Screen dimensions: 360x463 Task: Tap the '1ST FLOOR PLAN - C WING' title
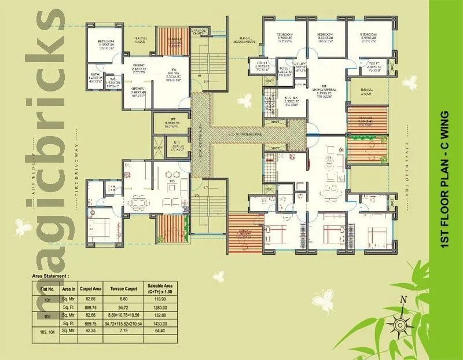445,180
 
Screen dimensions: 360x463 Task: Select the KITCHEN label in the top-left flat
137,90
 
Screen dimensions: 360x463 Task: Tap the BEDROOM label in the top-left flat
105,42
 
